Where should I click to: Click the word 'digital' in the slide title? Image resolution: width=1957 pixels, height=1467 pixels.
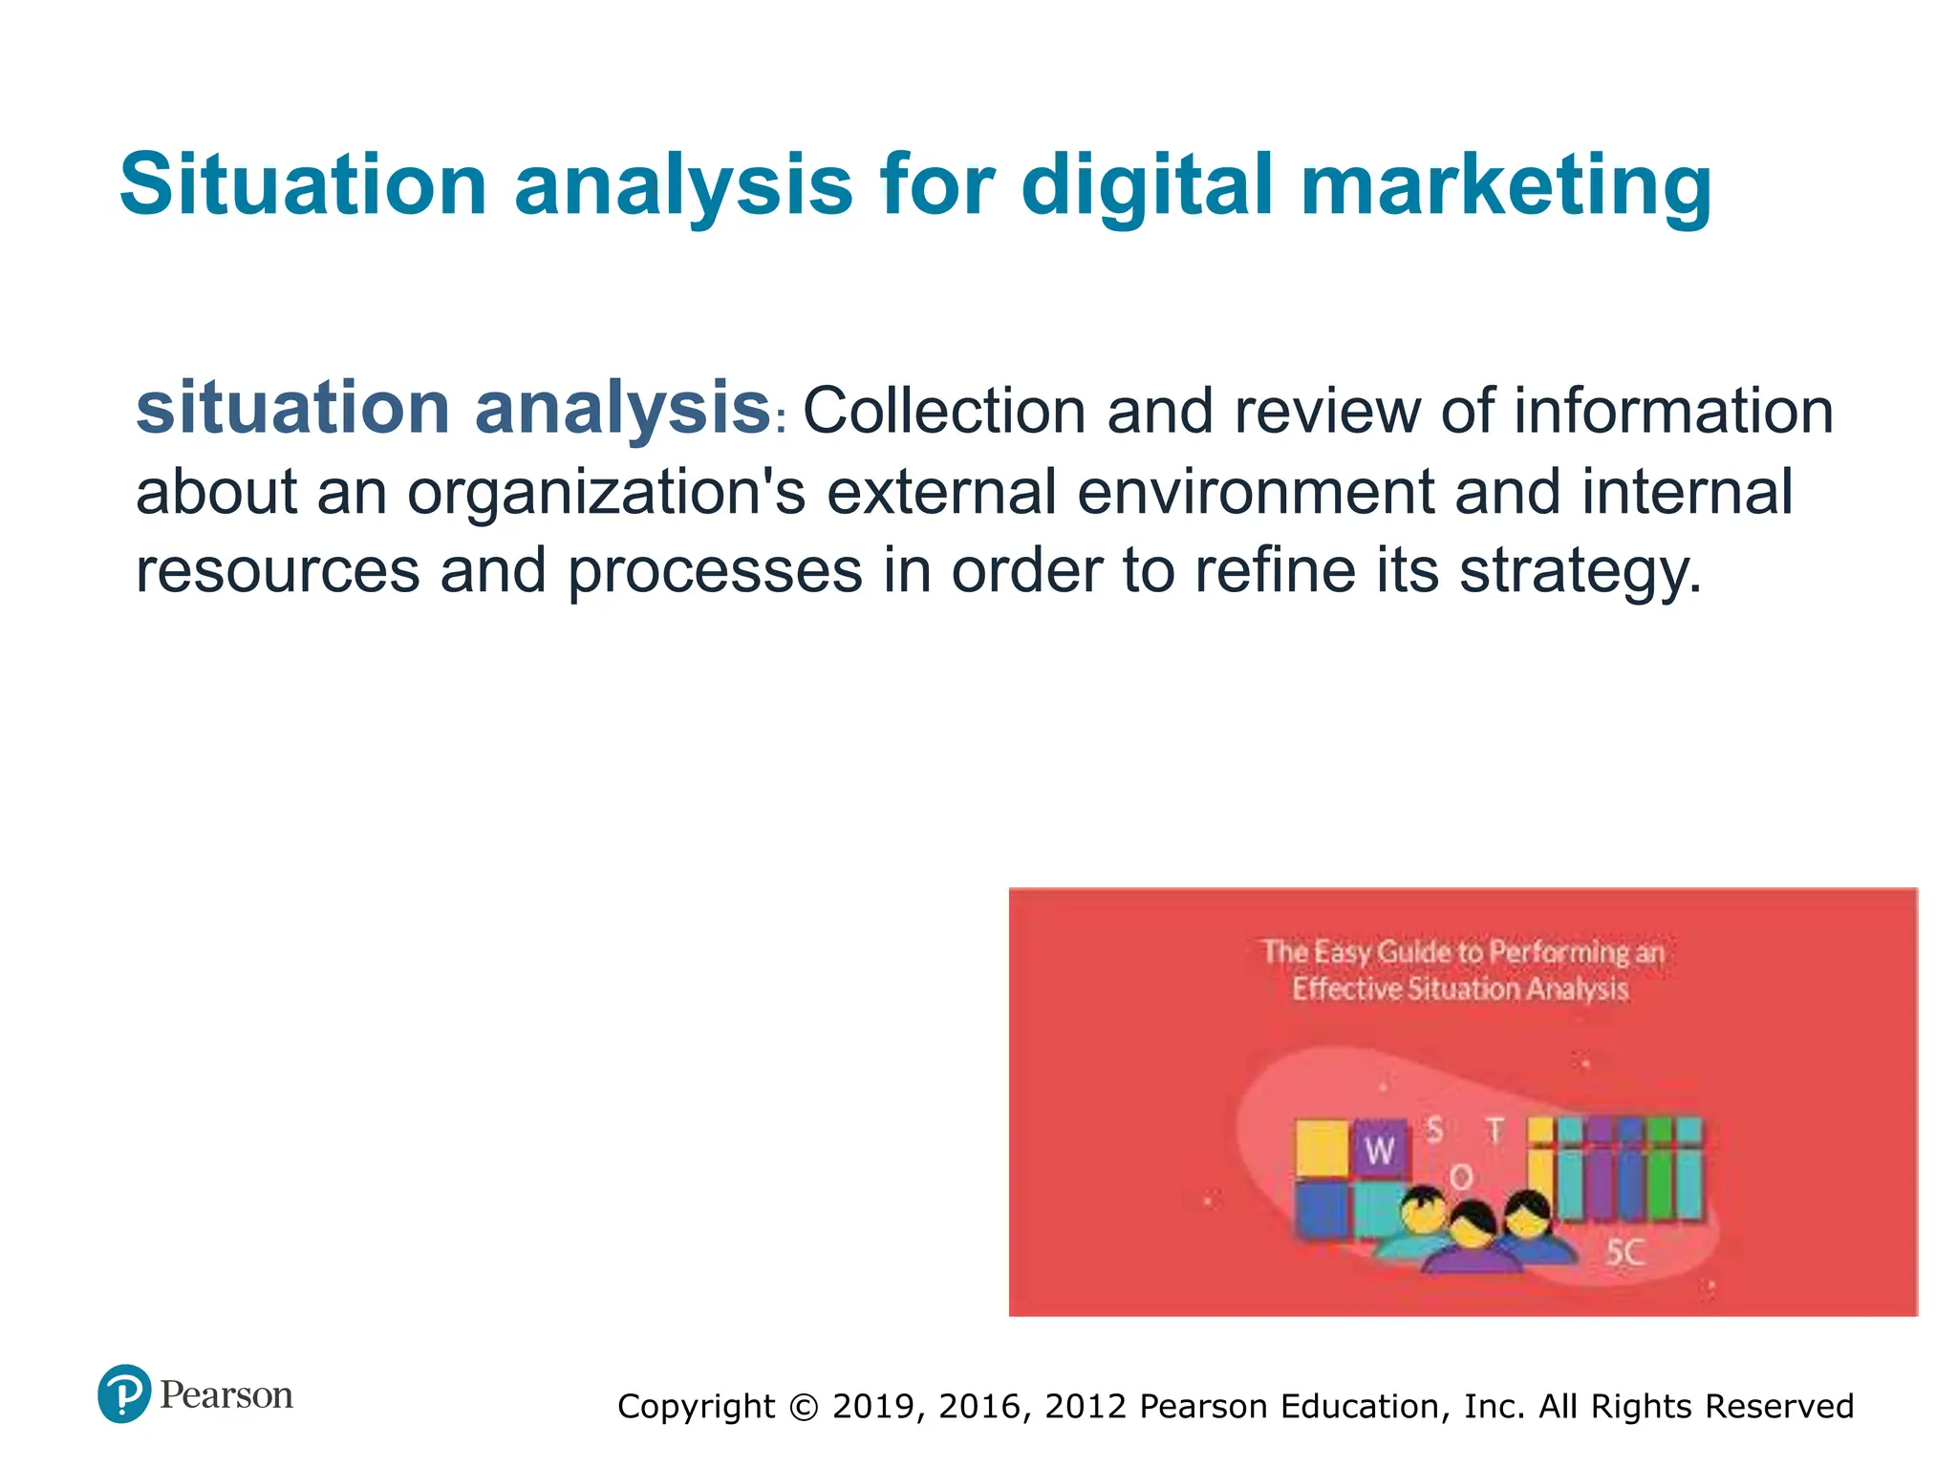click(1147, 185)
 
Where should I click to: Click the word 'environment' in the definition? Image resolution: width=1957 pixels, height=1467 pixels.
click(1255, 492)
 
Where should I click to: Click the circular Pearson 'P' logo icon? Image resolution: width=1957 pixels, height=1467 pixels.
click(124, 1393)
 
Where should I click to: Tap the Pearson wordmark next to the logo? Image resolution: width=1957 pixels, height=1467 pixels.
click(226, 1395)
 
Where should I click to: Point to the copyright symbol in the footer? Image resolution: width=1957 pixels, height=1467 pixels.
click(805, 1407)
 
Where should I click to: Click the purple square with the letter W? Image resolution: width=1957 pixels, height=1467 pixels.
click(1380, 1150)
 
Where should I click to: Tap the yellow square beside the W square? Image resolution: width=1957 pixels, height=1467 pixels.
click(1322, 1149)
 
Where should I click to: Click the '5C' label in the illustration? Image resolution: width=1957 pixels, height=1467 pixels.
click(1624, 1252)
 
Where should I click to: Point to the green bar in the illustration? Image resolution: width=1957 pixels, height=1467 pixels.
click(1661, 1170)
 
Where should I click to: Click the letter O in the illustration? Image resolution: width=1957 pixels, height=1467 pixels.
click(1461, 1178)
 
